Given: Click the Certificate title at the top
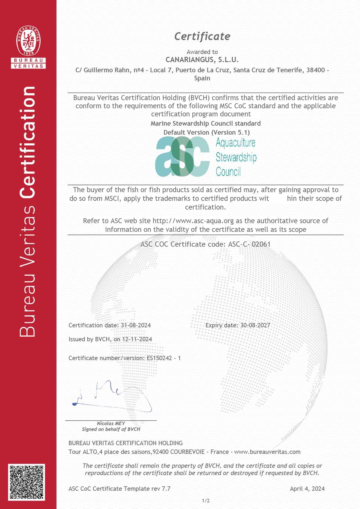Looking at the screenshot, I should tap(202, 37).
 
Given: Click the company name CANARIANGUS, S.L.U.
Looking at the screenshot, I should tap(202, 60).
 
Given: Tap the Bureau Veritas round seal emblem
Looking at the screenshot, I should tap(28, 40).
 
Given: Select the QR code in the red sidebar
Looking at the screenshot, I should tap(26, 482).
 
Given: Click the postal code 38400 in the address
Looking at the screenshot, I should tap(316, 70).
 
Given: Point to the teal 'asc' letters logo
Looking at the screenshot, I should tap(182, 157).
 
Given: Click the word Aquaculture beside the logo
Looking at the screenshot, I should tap(235, 143).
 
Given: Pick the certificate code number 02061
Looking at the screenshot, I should tap(261, 244).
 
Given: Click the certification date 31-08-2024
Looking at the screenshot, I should tap(136, 325).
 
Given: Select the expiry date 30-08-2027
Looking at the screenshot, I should tap(255, 325).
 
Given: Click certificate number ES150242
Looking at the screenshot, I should tap(159, 358).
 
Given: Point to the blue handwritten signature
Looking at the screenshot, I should tap(113, 396).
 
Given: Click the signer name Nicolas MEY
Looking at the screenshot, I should tap(111, 423).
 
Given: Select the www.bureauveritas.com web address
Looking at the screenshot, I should tap(267, 452).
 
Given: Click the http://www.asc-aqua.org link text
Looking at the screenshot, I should tap(193, 221).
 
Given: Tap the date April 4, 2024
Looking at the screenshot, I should tap(307, 489).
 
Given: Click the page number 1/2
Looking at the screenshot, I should tap(206, 501).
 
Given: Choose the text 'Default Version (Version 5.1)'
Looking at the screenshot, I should tap(206, 132).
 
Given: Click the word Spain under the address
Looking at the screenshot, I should tap(202, 78).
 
